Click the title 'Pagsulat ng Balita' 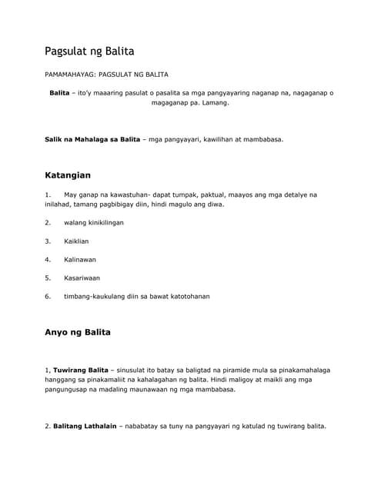[x=89, y=52]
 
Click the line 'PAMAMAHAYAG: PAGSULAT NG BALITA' [x=105, y=75]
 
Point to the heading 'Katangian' [x=68, y=175]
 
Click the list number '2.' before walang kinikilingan [x=48, y=223]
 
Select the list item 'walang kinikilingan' [x=94, y=223]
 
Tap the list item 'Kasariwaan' [x=82, y=278]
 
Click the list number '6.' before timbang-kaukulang [x=48, y=297]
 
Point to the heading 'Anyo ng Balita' [x=78, y=333]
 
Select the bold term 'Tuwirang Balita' [x=81, y=371]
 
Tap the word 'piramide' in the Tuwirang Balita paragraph [x=222, y=371]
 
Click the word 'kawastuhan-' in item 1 [x=125, y=195]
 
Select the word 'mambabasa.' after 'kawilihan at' [x=261, y=140]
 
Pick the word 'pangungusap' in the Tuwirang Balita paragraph [x=70, y=390]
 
